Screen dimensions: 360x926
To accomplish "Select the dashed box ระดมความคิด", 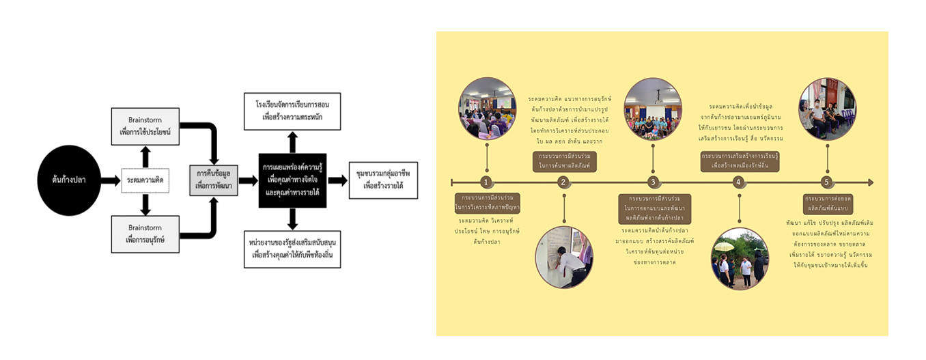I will (x=145, y=180).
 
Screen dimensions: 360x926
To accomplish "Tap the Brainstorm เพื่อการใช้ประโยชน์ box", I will (x=145, y=126).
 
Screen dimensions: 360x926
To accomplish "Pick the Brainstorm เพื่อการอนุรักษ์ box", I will (x=145, y=234).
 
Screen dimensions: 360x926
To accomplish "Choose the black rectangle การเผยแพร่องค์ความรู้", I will (x=292, y=180).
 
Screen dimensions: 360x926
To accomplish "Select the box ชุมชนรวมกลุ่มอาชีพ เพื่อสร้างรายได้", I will (x=382, y=180).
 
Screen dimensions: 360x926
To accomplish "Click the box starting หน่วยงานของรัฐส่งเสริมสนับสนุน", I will (x=292, y=249).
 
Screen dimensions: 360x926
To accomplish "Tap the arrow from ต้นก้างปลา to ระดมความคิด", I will (x=110, y=180).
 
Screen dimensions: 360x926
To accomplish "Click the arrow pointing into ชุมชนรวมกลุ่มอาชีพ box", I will (x=337, y=180).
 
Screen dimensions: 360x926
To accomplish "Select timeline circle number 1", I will (x=486, y=182).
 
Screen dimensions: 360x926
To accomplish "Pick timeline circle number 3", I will (x=653, y=182).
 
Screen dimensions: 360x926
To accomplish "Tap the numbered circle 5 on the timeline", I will (x=826, y=182).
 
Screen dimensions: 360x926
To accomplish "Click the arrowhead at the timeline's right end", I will (x=869, y=182).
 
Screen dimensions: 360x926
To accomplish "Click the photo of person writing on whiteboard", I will (x=564, y=256).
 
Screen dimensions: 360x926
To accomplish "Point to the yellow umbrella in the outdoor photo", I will (x=723, y=247).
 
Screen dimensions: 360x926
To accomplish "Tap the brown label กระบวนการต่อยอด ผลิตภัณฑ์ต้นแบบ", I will (x=826, y=202).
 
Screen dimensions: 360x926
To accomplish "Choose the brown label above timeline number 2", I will (x=564, y=161).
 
